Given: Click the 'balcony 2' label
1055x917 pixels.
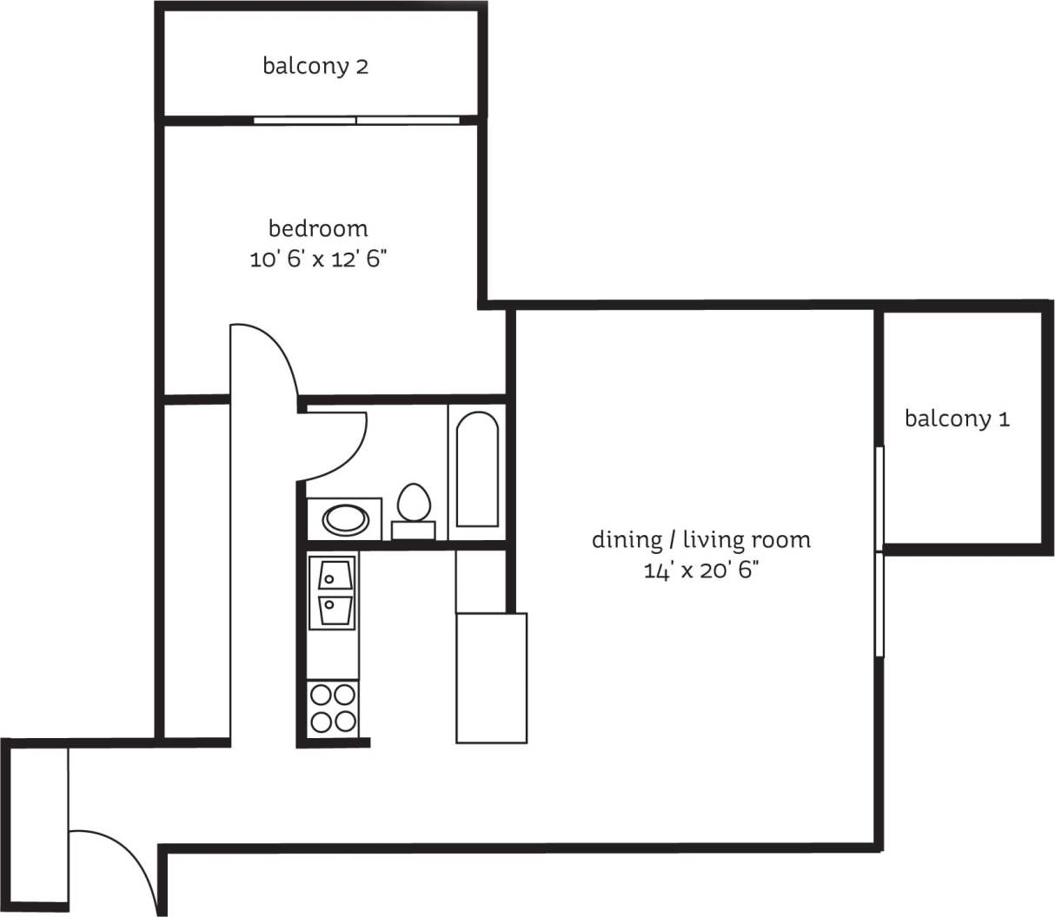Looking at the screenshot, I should pos(315,66).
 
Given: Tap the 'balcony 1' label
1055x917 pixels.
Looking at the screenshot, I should pos(957,419).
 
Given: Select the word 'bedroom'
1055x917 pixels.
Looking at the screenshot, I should pos(318,228).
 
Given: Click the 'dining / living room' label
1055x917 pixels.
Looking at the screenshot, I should pos(701,539).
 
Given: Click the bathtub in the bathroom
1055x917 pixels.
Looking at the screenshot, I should pos(477,470).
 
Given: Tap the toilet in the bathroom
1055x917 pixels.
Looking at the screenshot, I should pos(414,503).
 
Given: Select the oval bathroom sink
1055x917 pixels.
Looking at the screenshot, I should pos(346,520).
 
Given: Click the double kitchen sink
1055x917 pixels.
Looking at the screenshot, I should pos(333,593).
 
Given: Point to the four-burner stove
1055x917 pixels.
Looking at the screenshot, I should pos(333,708).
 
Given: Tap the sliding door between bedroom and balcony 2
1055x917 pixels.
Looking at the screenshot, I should pos(356,120).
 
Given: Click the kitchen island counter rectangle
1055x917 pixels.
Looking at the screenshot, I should pos(491,677).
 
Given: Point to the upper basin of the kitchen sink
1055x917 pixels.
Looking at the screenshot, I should pos(334,575).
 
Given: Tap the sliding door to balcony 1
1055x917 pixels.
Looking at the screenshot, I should pos(879,551).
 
